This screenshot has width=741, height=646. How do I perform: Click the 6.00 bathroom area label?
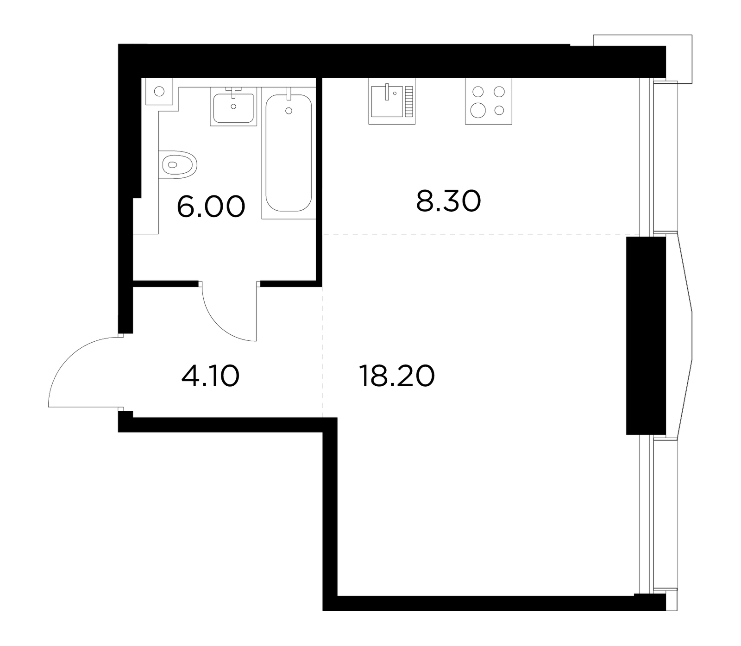click(211, 207)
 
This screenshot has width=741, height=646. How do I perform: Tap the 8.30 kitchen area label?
click(448, 201)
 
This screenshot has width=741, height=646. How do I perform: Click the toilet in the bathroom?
click(178, 164)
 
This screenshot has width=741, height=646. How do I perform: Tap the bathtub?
click(289, 153)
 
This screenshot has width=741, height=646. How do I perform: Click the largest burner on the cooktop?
click(477, 110)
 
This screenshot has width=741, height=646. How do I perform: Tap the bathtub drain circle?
click(289, 110)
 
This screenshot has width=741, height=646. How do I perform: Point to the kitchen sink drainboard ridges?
click(408, 101)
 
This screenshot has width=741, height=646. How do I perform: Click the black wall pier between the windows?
click(646, 336)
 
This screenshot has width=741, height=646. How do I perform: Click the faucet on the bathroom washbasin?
click(233, 90)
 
